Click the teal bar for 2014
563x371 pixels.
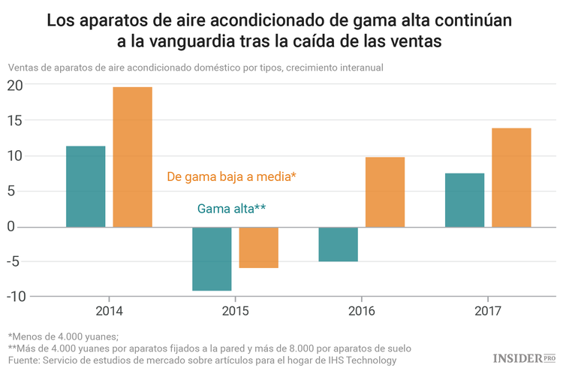click(86, 186)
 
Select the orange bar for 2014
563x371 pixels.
click(133, 157)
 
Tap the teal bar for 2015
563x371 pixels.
click(212, 258)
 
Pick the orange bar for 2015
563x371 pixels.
click(259, 247)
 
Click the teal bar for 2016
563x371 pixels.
click(338, 244)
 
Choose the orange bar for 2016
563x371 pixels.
click(385, 192)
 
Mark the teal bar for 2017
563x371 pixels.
click(465, 200)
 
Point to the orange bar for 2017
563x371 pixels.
click(512, 177)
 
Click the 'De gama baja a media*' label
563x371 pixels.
click(231, 177)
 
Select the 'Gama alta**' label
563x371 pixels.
click(231, 209)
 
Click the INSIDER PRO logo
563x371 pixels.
click(523, 359)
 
